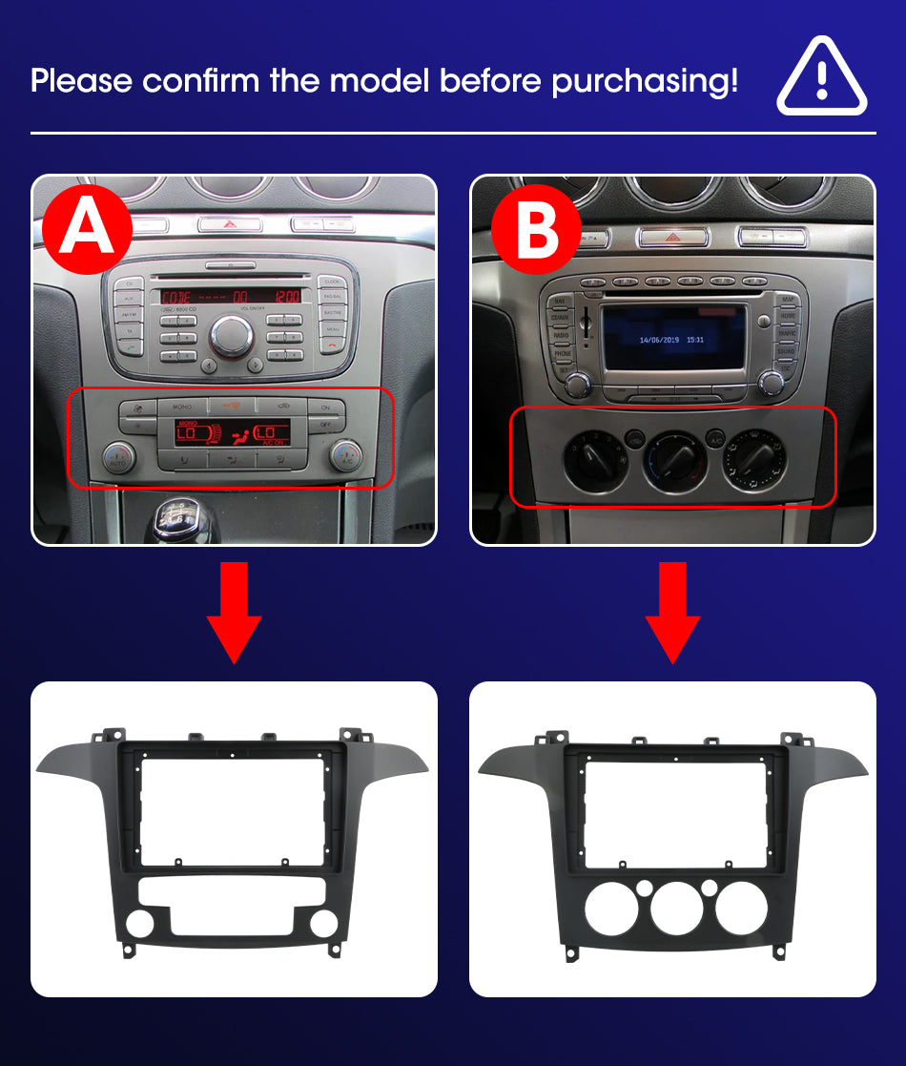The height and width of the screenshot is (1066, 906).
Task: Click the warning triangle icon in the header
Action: (x=821, y=78)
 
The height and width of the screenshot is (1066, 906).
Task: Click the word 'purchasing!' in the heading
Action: (x=645, y=80)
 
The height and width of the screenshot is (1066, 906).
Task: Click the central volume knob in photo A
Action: (x=232, y=335)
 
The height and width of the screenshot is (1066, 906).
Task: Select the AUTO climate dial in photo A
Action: (x=119, y=456)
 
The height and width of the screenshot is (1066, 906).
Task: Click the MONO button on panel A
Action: (x=181, y=408)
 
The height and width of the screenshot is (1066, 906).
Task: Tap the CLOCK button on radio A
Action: (x=332, y=282)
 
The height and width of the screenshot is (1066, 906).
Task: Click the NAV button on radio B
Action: (x=560, y=301)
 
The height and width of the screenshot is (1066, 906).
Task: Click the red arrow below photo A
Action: (x=234, y=611)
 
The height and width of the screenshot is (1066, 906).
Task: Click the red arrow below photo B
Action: (x=672, y=611)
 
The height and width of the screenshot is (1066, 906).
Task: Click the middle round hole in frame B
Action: (x=676, y=909)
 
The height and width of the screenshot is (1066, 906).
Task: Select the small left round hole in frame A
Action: (x=139, y=923)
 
